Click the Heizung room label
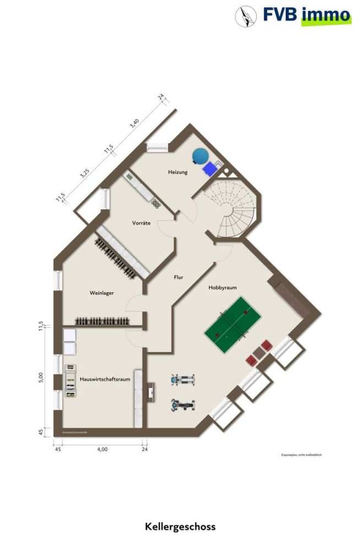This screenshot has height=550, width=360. (x=178, y=172)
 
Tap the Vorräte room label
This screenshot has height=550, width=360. (x=141, y=223)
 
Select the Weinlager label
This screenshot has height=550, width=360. (x=101, y=293)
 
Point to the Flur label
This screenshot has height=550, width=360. (x=178, y=277)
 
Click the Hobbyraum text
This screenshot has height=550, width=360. (x=223, y=288)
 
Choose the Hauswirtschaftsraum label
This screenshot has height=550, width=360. (x=104, y=379)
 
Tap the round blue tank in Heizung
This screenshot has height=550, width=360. (x=200, y=156)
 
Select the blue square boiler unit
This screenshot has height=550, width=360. (x=210, y=168)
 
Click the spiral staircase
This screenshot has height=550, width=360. (x=233, y=209)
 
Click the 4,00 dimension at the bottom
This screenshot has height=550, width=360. (x=102, y=449)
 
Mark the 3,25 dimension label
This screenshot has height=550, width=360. (x=84, y=174)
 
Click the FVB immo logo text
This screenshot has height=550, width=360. (x=307, y=15)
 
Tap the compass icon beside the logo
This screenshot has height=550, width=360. (x=246, y=16)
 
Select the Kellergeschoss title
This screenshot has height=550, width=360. (x=180, y=526)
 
